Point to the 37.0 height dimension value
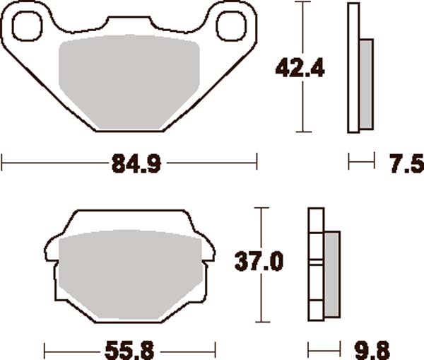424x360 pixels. pyautogui.click(x=259, y=263)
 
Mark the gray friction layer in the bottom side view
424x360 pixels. pyautogui.click(x=331, y=272)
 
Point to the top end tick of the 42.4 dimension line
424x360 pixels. pyautogui.click(x=302, y=3)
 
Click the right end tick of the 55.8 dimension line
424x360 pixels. pyautogui.click(x=214, y=349)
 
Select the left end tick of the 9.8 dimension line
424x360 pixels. pyautogui.click(x=310, y=349)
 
